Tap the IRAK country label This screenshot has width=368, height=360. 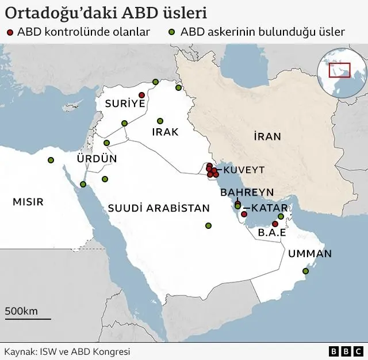pos(165,132)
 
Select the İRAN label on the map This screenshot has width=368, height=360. pos(267,136)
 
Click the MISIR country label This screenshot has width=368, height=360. pos(28,202)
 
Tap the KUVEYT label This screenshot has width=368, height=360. pos(244,170)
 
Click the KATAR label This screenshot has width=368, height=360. pos(265,208)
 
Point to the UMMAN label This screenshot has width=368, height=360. pos(310,253)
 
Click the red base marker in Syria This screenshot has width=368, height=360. pos(141,95)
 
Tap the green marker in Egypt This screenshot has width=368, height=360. pos(51,160)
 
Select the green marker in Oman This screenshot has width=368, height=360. pos(306,271)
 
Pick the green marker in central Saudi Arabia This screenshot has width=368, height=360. pos(208,225)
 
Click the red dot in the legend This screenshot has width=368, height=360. pos(10,32)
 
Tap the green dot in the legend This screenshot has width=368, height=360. pos(172,32)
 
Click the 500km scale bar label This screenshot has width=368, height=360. pos(21,311)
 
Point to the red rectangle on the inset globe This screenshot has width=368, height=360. pos(339,70)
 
